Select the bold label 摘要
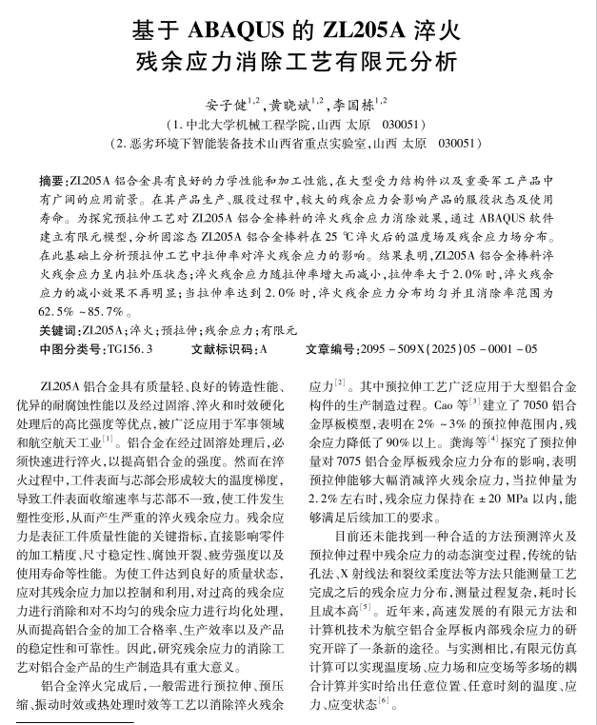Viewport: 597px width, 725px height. (x=52, y=180)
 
